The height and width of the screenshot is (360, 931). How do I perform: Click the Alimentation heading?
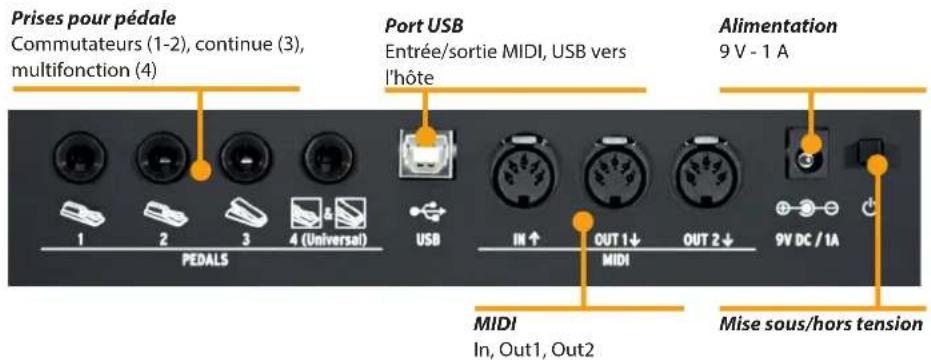tap(777, 25)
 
